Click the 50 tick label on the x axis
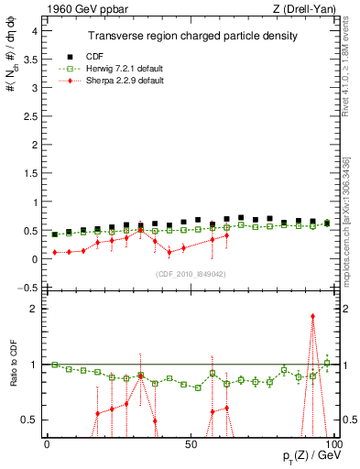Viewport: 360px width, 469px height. click(190, 443)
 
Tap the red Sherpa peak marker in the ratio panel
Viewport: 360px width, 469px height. click(312, 317)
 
